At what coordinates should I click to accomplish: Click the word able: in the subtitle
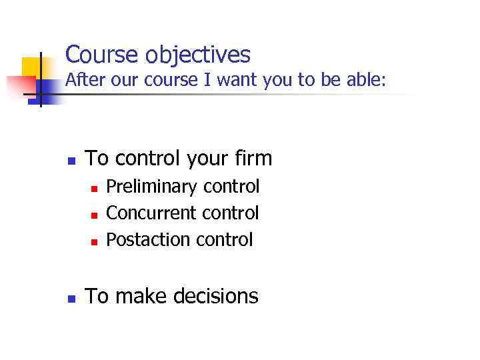click(x=362, y=81)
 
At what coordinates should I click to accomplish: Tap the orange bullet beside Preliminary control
click(x=94, y=189)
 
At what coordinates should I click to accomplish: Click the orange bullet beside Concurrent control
click(x=94, y=215)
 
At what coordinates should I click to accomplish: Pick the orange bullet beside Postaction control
click(x=94, y=241)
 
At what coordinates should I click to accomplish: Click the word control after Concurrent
click(x=230, y=213)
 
